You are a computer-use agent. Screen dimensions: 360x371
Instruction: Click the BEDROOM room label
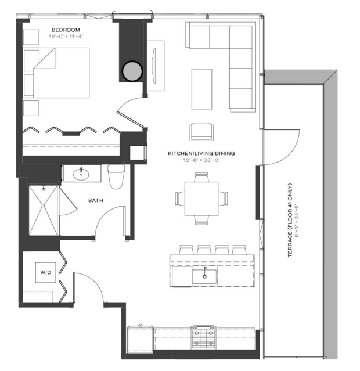[66, 30]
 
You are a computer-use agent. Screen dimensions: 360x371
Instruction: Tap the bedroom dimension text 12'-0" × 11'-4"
[66, 37]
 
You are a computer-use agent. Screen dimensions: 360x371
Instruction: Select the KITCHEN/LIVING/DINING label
[201, 153]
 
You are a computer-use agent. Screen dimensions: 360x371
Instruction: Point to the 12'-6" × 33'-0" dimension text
[201, 160]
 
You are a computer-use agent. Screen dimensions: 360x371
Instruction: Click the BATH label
[96, 200]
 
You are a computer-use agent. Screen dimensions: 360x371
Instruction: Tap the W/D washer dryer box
[46, 272]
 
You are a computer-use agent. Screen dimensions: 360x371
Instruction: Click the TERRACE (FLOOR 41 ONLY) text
[290, 220]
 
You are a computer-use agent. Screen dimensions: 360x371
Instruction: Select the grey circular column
[132, 71]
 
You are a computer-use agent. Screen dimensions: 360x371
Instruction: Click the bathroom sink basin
[81, 174]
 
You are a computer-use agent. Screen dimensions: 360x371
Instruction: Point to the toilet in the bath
[116, 177]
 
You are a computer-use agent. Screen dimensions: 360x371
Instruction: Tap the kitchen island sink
[204, 276]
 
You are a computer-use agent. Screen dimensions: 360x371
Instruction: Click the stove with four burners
[204, 337]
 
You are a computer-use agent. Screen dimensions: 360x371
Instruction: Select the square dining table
[201, 199]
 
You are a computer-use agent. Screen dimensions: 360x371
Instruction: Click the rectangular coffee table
[201, 89]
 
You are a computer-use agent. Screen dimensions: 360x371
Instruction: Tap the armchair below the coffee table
[201, 132]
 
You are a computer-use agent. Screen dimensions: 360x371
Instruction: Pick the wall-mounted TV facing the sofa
[154, 66]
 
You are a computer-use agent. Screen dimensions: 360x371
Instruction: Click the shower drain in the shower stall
[44, 205]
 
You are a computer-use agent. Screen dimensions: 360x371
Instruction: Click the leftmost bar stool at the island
[186, 250]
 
